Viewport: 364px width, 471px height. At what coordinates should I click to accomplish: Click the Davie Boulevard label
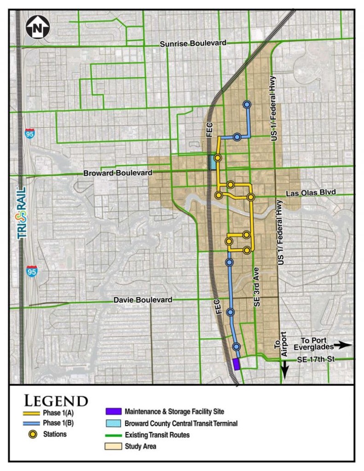(x=143, y=300)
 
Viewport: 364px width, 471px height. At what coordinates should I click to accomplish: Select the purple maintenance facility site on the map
(x=236, y=364)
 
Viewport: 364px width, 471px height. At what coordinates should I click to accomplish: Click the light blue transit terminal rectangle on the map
(x=212, y=162)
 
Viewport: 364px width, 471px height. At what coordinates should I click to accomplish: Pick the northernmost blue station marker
(x=247, y=105)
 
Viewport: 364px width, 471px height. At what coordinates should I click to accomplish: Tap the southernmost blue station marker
(x=237, y=346)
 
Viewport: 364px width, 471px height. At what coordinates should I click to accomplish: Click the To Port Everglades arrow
(x=343, y=344)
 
